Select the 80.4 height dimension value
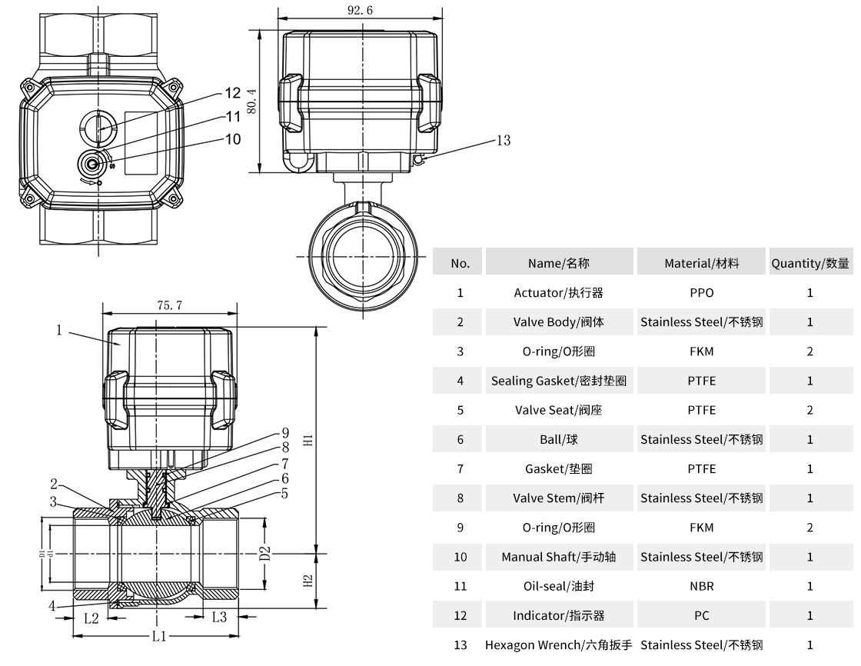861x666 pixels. pos(252,101)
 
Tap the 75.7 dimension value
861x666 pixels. pos(169,305)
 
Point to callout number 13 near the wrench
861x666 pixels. pos(503,140)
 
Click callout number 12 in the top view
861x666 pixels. pos(233,93)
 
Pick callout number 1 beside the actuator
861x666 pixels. pos(59,331)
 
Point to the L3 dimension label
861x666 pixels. pos(219,617)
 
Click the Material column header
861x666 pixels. pos(701,263)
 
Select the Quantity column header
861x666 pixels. pos(810,263)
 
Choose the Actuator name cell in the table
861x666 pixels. pos(558,293)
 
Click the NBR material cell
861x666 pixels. pos(701,586)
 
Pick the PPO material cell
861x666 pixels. pos(701,293)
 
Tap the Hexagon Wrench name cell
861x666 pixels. pos(558,644)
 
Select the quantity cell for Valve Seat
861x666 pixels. pos(809,410)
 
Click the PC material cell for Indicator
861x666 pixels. pos(701,615)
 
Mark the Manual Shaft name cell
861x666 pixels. pos(558,557)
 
